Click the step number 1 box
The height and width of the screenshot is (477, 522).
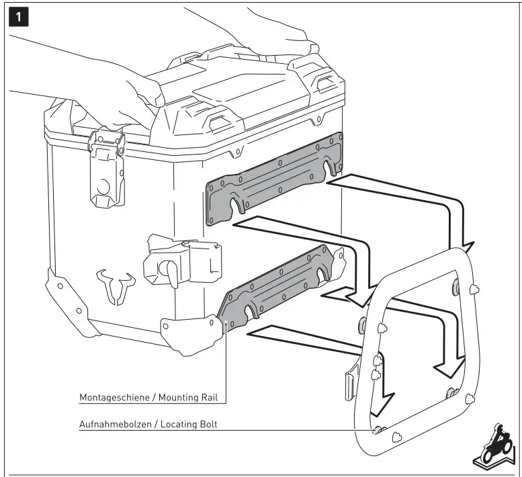(19, 16)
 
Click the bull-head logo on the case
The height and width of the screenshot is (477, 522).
(113, 286)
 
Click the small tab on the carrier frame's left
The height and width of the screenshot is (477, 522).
(350, 382)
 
